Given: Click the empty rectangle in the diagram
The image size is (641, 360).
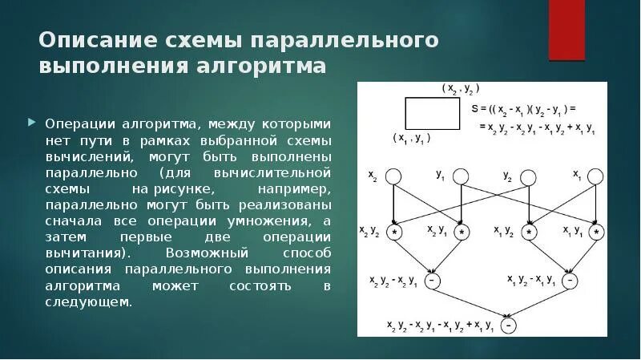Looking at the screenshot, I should click(432, 113).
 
